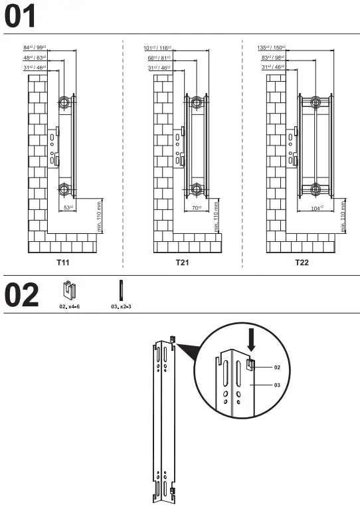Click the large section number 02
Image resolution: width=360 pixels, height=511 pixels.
click(21, 296)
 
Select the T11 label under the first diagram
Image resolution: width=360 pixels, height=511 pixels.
click(62, 262)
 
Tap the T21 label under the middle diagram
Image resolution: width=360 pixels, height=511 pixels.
click(182, 262)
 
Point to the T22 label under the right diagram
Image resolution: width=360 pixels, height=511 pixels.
click(302, 262)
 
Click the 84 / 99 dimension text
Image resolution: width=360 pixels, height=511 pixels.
click(34, 48)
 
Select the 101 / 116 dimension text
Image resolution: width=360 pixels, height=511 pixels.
click(157, 48)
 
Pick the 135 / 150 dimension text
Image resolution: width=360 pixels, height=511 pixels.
click(270, 48)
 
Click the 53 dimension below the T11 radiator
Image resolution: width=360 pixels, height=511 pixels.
click(68, 207)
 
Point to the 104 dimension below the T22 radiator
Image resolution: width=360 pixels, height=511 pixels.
click(317, 207)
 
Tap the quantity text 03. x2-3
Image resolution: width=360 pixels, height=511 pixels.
click(121, 307)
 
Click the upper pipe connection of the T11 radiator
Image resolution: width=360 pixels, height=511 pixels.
click(64, 103)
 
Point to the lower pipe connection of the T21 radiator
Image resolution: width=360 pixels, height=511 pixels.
click(196, 189)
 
